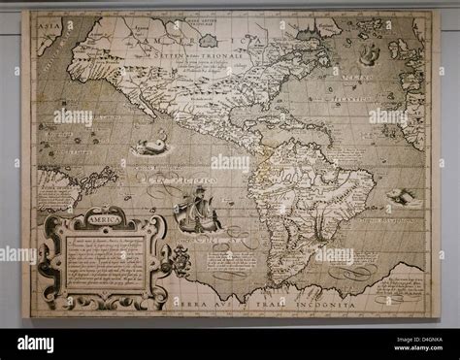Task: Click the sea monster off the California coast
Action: click(x=149, y=147)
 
